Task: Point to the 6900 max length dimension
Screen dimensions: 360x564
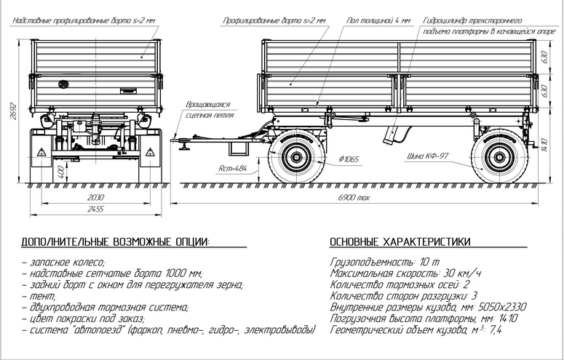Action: [358, 197]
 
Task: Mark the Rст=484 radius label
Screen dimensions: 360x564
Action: [233, 169]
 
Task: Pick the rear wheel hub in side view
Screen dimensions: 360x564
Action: [499, 156]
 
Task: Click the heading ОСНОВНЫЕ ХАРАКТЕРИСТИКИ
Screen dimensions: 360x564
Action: [400, 241]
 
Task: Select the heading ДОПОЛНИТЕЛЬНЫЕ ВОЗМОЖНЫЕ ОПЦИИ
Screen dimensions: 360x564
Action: [115, 241]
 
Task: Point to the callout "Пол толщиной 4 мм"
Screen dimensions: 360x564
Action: [378, 22]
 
